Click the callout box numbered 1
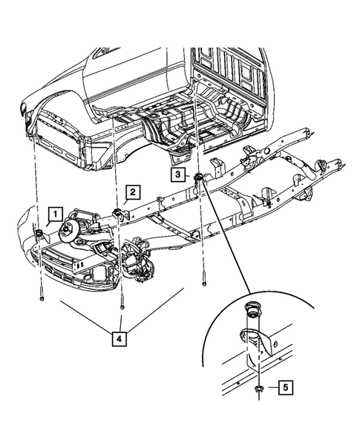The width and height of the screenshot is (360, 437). click(x=55, y=216)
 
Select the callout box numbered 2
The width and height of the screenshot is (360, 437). click(x=131, y=194)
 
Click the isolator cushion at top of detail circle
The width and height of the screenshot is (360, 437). click(x=253, y=309)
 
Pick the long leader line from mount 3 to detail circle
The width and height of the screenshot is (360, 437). click(x=230, y=237)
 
